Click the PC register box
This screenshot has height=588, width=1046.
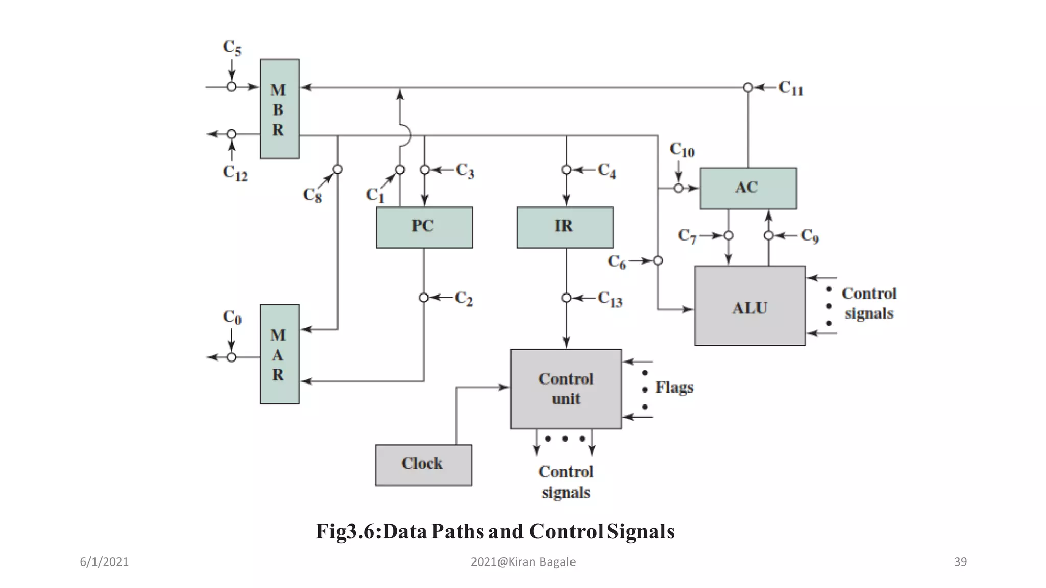424,227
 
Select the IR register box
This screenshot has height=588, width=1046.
565,227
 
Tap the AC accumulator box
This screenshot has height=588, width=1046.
748,188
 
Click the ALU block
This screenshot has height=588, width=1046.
749,306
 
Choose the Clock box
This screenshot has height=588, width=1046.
423,464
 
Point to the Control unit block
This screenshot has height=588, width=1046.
566,389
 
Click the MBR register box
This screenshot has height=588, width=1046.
279,109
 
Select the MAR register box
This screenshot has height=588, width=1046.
279,354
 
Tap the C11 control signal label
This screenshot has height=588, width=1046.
791,88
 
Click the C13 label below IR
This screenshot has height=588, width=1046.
610,299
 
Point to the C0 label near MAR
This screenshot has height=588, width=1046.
232,317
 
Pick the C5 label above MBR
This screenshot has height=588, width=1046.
232,47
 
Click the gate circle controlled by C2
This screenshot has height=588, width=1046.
423,298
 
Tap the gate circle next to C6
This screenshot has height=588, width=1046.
658,261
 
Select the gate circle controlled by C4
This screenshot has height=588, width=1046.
566,169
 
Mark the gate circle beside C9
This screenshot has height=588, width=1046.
769,235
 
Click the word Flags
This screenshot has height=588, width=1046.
674,387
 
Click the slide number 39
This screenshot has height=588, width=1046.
960,561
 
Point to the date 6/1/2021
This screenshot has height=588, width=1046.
104,561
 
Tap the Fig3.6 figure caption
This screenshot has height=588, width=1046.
495,531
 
